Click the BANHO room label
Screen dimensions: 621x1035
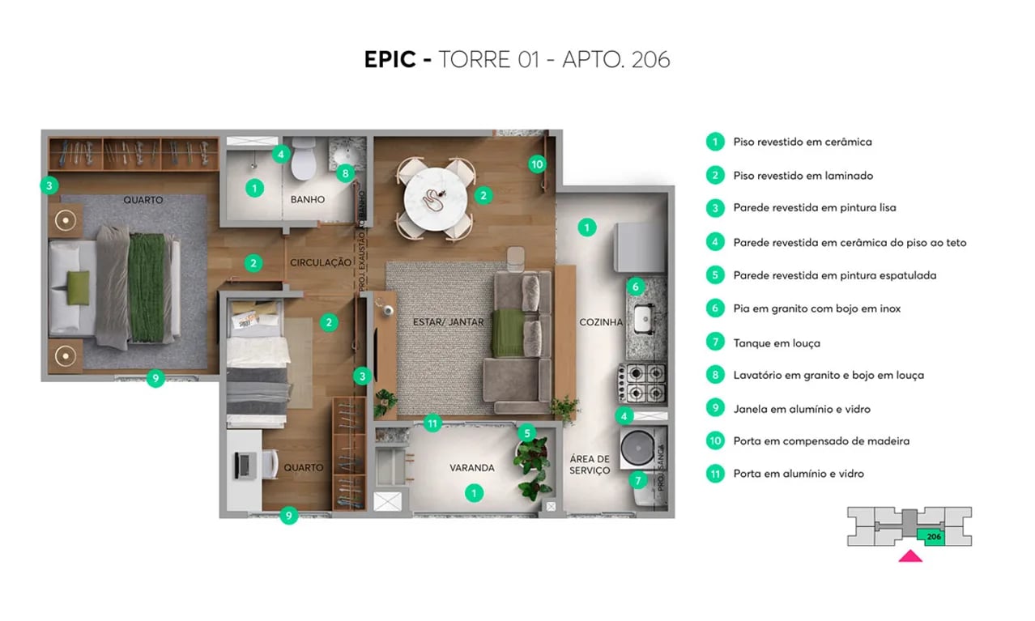point(308,199)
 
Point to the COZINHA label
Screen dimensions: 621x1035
point(601,322)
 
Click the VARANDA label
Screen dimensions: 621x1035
point(472,468)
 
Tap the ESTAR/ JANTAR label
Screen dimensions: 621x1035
point(448,322)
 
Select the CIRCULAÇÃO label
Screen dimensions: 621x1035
point(321,262)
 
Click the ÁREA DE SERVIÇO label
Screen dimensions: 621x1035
point(590,465)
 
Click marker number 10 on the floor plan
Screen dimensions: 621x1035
point(537,164)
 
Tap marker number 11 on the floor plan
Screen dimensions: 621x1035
point(432,423)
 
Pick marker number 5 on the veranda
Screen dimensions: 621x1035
point(527,433)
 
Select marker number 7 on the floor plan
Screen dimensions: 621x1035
point(637,480)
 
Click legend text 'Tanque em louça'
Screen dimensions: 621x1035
point(776,343)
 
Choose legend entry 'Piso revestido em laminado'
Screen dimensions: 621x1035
point(803,176)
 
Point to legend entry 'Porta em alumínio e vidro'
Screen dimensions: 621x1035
point(798,474)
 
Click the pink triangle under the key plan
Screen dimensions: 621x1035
point(910,555)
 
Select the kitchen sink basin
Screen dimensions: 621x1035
point(645,318)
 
